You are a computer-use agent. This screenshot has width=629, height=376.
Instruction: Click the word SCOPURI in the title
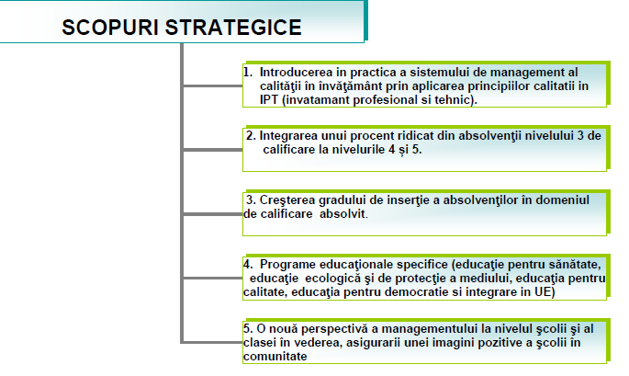pos(110,28)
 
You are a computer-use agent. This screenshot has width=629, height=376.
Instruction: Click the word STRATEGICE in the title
pos(233,28)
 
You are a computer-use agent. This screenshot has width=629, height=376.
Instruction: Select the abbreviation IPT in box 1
pos(269,99)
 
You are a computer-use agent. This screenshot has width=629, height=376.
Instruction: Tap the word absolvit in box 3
pos(343,213)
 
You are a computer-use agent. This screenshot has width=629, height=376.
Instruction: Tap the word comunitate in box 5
pos(275,357)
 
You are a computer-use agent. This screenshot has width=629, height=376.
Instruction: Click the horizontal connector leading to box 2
pos(213,150)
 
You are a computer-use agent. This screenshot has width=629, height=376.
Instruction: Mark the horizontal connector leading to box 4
pos(213,278)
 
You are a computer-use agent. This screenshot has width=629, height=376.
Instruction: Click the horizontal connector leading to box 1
pos(213,85)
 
